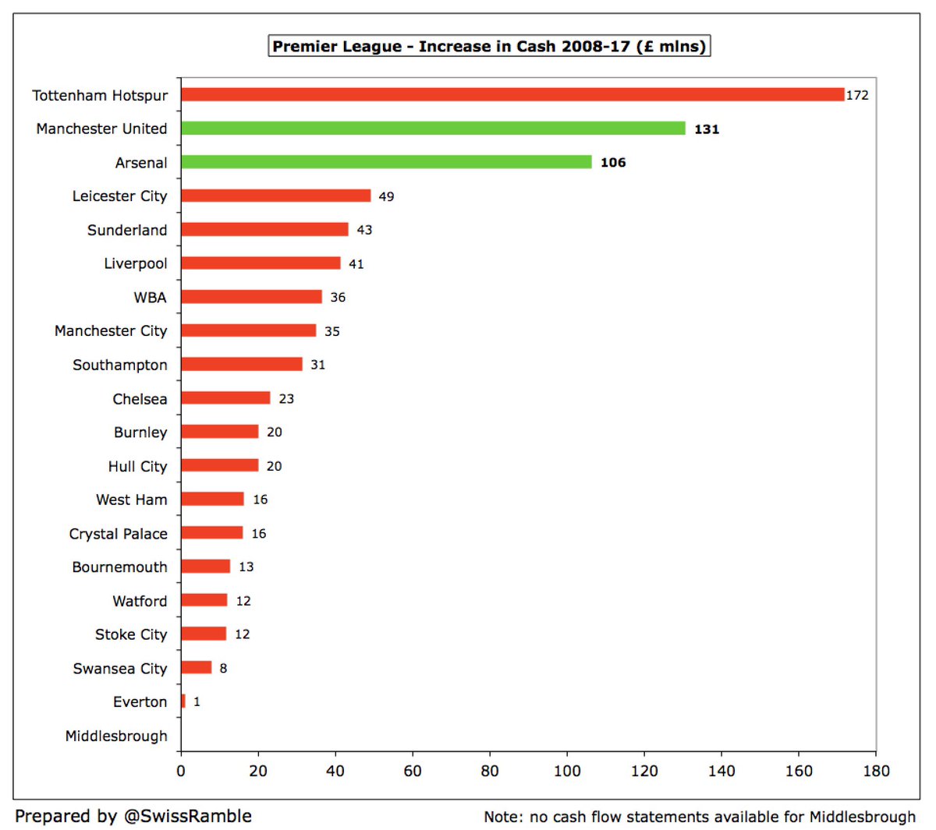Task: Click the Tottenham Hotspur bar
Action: (x=512, y=94)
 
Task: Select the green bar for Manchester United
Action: (x=433, y=129)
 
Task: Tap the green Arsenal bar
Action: (x=386, y=162)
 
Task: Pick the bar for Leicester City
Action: (x=275, y=196)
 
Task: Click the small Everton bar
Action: (x=183, y=701)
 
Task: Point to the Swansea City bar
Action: (x=196, y=668)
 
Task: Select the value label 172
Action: (x=857, y=95)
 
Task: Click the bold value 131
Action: (x=707, y=129)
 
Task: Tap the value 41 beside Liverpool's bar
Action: (x=356, y=264)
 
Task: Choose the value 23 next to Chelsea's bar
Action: (x=286, y=399)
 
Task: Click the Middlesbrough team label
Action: (x=116, y=736)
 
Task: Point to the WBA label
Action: (x=150, y=298)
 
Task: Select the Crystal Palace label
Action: (x=118, y=534)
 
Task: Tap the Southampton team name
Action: (x=119, y=365)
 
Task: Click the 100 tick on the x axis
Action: (x=567, y=771)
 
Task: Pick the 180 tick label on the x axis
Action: (x=876, y=771)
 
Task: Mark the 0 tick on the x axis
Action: (x=181, y=771)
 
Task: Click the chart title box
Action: (x=489, y=46)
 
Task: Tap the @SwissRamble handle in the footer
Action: (x=187, y=816)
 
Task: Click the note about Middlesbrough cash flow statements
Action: (x=700, y=817)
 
